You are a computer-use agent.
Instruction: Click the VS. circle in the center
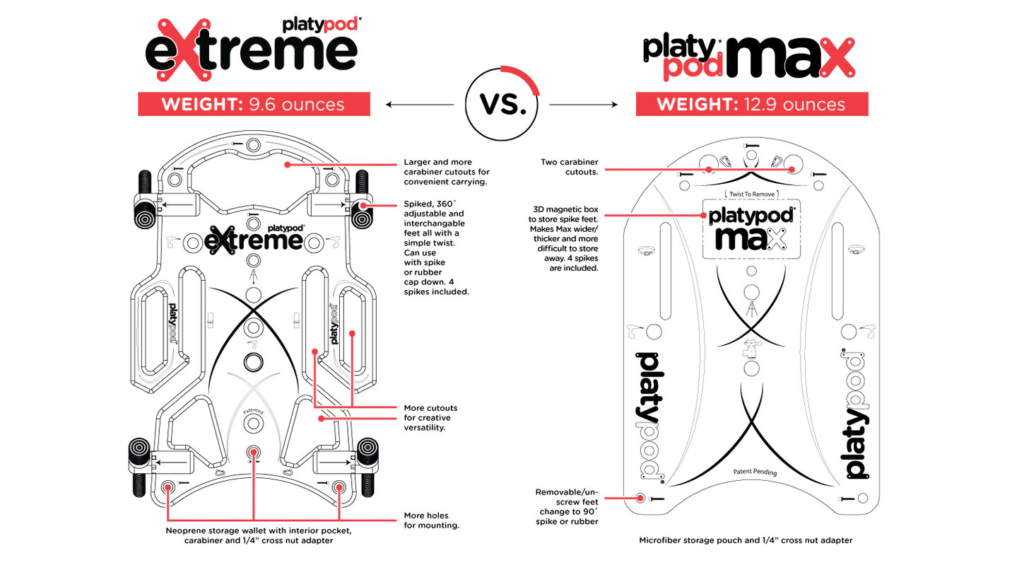[x=501, y=105]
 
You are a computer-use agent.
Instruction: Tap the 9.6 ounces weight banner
[x=253, y=105]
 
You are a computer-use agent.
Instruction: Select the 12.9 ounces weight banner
[x=751, y=105]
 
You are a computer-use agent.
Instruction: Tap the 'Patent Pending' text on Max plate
[x=754, y=472]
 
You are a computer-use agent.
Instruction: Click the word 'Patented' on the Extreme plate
[x=253, y=410]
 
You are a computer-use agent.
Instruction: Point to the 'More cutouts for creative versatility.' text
[x=431, y=417]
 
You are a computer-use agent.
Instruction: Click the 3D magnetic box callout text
[x=566, y=238]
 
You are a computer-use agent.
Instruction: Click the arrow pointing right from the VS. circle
[x=583, y=105]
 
